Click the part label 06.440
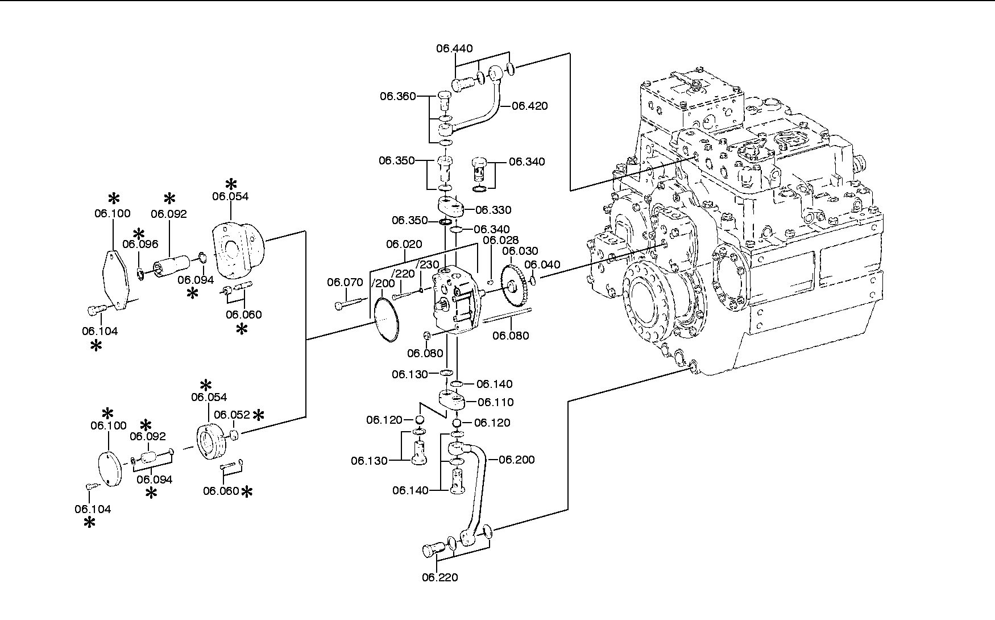[454, 48]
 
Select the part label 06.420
[530, 106]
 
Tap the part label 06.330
[494, 210]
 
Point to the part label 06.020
[404, 244]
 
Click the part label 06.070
[345, 282]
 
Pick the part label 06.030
[520, 251]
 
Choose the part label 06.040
[542, 264]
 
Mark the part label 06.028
[501, 240]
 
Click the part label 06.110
[496, 402]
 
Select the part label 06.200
[517, 460]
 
